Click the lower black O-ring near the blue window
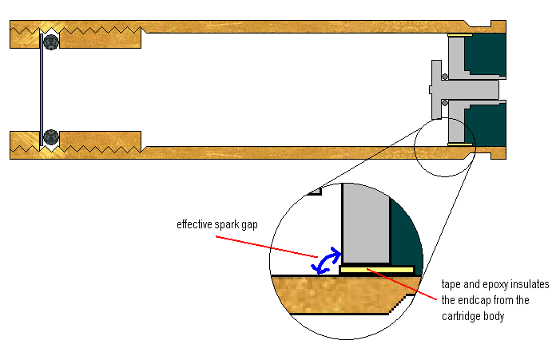point(50,136)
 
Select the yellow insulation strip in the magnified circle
point(376,271)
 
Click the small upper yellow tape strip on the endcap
point(460,36)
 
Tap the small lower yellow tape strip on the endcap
point(460,144)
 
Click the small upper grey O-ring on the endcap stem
point(443,77)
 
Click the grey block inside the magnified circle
point(366,224)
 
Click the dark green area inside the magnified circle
point(406,231)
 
